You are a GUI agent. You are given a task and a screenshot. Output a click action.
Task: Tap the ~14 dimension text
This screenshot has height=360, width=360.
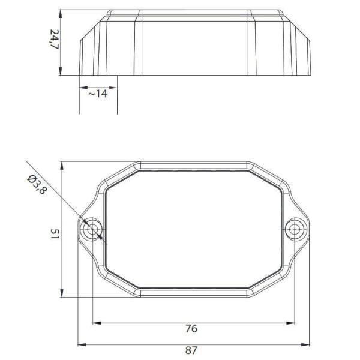[98, 94]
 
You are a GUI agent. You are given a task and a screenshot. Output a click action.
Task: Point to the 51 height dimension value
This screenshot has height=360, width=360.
[53, 232]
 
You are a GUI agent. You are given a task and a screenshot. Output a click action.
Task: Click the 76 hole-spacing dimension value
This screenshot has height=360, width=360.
[191, 328]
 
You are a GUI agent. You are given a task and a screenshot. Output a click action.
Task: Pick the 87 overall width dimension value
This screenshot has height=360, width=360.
[191, 350]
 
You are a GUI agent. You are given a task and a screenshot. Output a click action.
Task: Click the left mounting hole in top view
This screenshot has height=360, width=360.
[93, 230]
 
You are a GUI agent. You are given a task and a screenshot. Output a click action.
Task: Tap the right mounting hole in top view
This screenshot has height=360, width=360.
[295, 230]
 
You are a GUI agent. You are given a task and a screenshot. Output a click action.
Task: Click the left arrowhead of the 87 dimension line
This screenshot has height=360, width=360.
[83, 344]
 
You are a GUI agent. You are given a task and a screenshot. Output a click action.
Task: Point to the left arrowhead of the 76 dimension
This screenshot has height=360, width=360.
[96, 323]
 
